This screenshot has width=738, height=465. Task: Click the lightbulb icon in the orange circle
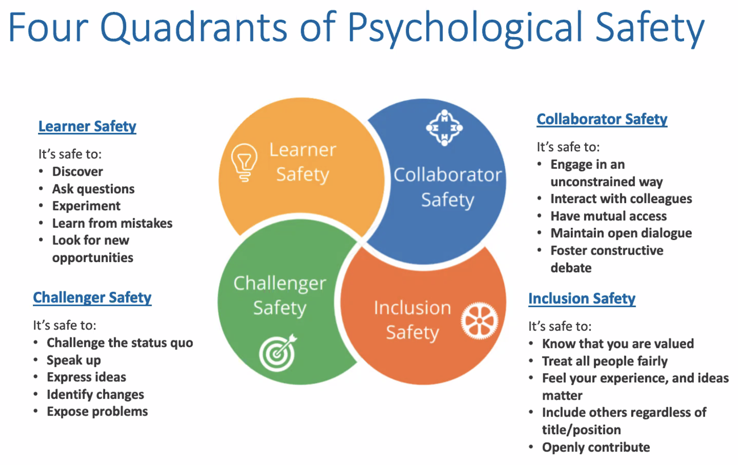click(244, 162)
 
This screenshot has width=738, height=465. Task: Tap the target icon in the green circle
click(278, 353)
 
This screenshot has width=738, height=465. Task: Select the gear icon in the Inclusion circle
click(479, 321)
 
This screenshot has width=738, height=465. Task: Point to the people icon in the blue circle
click(444, 128)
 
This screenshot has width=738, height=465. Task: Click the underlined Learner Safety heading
click(87, 126)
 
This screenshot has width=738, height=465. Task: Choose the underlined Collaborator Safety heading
click(602, 119)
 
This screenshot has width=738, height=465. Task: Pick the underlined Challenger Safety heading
click(92, 298)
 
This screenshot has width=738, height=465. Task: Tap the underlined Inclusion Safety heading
click(582, 298)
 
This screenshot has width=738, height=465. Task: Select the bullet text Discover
click(77, 172)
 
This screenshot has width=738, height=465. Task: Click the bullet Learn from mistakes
click(112, 223)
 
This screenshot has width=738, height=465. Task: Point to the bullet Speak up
click(74, 360)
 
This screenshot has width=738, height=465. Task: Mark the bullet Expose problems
click(97, 411)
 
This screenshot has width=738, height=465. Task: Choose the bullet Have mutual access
click(608, 216)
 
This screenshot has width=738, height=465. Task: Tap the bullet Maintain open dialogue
click(621, 233)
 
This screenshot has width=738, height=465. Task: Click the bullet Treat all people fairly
click(605, 361)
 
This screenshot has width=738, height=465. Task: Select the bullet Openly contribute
click(596, 447)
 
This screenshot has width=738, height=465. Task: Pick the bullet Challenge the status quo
click(120, 343)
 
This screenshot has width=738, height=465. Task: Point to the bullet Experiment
click(86, 206)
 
